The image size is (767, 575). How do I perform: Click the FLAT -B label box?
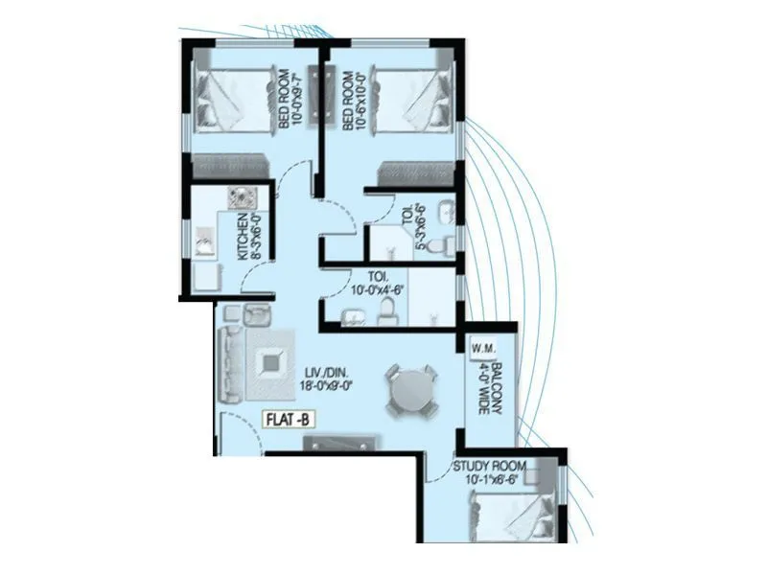pyautogui.click(x=292, y=419)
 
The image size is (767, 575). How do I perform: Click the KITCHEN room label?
pyautogui.click(x=245, y=237)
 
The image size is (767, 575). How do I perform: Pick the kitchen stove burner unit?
pyautogui.click(x=240, y=198)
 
